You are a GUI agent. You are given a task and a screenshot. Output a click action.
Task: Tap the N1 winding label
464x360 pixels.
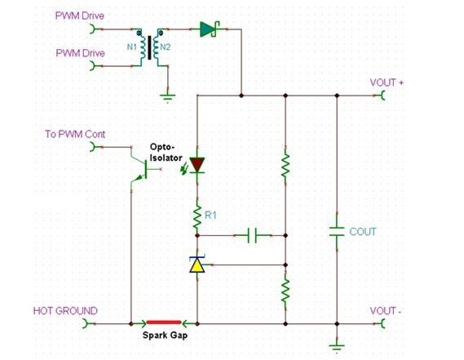pos(131,47)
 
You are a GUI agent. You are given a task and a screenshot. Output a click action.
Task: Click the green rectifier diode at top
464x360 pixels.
pos(208,29)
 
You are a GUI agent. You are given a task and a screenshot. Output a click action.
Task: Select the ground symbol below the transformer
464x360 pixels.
pos(167,97)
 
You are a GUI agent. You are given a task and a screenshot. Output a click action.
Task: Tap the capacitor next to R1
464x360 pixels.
pos(254,236)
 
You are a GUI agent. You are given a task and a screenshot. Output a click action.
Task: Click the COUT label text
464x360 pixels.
pos(363,232)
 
